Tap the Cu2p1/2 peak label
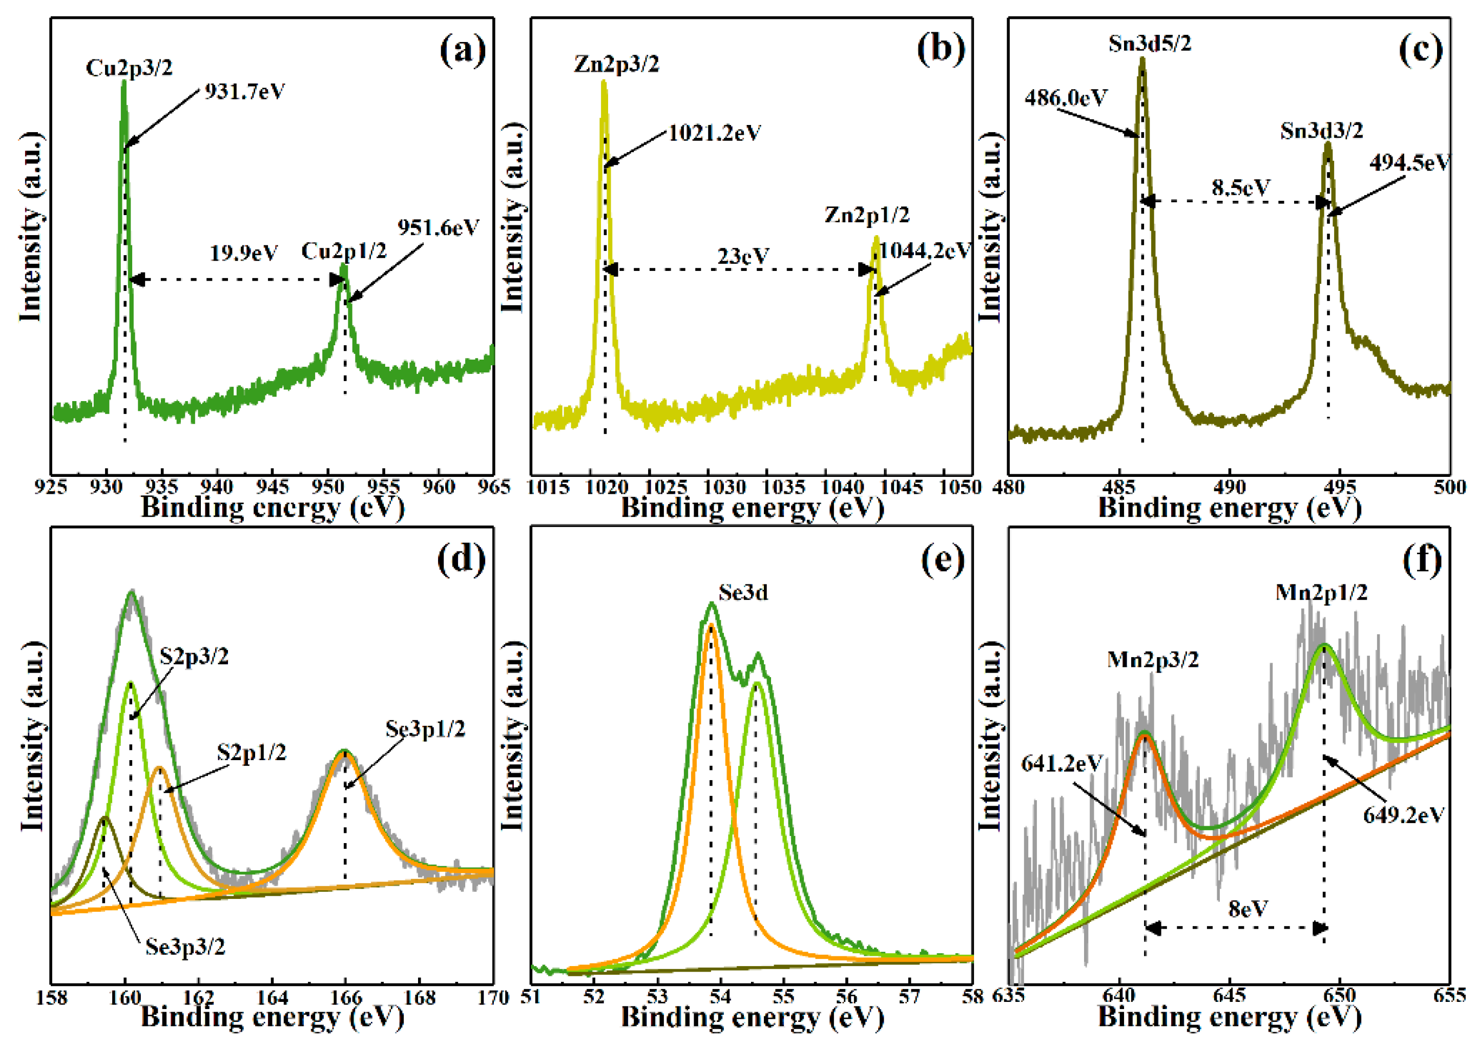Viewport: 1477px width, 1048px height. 343,251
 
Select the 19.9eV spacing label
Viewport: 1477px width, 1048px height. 243,253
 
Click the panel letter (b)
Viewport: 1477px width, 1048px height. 940,50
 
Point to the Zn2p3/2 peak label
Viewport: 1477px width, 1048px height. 616,65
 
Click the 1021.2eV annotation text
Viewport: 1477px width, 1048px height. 714,134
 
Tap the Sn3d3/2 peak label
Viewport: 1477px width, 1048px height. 1321,131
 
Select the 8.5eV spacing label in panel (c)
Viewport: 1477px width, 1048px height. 1240,188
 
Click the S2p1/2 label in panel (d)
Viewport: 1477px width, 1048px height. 251,752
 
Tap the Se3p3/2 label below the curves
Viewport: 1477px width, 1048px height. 185,947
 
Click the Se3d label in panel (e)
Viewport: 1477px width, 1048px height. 743,593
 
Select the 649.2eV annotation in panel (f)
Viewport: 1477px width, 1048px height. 1403,815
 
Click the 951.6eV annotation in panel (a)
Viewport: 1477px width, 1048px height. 438,228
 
